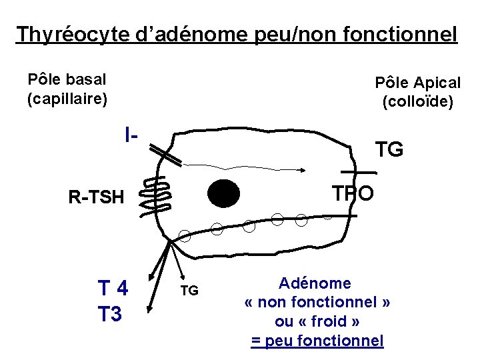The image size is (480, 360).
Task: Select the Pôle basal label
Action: tap(67, 79)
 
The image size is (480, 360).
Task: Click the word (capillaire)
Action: tap(67, 99)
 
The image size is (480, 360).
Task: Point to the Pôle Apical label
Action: tap(417, 83)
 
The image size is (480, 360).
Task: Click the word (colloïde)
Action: tap(417, 102)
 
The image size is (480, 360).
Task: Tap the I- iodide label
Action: tap(131, 135)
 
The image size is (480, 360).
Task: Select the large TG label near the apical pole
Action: tap(389, 150)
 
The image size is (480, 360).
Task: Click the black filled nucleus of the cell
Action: tap(223, 193)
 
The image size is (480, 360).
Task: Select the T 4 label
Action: tap(113, 289)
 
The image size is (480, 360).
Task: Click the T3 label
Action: tap(110, 313)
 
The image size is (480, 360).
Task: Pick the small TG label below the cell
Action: tap(189, 291)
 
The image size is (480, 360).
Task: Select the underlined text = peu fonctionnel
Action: tap(317, 341)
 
